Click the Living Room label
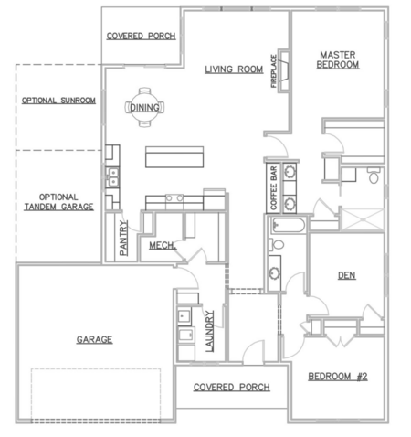coord(234,69)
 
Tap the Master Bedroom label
coord(338,59)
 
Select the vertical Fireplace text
coord(274,71)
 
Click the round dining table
coord(144,107)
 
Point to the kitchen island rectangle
coord(174,157)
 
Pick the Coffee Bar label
coord(273,188)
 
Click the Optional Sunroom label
coord(58,101)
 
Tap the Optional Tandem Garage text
coord(58,202)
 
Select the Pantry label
coord(123,238)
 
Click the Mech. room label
coord(163,245)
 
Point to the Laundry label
coord(210,331)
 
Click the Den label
coord(347,275)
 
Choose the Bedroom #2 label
coord(338,377)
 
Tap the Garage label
coord(94,339)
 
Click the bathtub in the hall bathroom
coord(288,225)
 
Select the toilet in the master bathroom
coord(374,175)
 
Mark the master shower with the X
coord(363,219)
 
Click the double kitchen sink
coord(113,177)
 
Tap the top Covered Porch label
coord(141,36)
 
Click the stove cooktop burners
coord(174,198)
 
